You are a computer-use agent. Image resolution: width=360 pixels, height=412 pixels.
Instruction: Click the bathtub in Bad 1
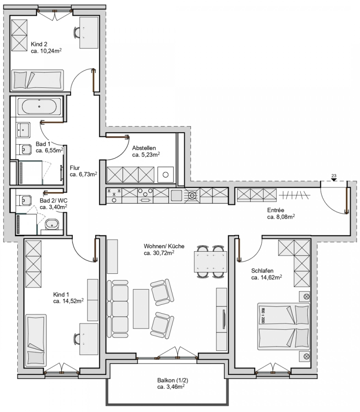coord(39,106)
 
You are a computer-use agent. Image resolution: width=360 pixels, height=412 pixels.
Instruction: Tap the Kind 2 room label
coord(39,44)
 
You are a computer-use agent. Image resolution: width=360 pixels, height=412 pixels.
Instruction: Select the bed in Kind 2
coord(38,80)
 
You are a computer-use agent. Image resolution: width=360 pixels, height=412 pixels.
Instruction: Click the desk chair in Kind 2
coord(76,33)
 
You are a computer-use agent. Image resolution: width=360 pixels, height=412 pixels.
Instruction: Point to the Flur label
coord(75,168)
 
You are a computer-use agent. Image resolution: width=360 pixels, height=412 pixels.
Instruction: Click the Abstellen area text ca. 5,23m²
coord(146,155)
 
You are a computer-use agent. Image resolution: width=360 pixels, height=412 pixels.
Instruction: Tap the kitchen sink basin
coord(176,195)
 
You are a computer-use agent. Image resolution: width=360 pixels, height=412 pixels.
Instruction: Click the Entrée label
coord(276,210)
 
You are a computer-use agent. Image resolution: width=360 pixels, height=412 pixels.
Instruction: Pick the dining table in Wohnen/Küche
coord(210,262)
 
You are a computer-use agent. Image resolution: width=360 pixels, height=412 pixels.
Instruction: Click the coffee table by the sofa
coord(141,309)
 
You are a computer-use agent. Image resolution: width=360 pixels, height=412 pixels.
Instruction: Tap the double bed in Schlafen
coord(284,326)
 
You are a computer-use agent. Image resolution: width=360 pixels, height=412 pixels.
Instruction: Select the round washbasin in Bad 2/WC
coord(52,224)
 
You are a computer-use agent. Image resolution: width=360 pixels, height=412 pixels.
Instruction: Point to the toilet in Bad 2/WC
coord(24,201)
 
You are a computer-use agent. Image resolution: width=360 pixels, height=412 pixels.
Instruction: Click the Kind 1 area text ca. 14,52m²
coord(68,301)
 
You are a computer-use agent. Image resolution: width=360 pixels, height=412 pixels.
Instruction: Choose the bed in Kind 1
coord(36,341)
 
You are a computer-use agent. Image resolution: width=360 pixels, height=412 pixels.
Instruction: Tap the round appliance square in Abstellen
coord(165,174)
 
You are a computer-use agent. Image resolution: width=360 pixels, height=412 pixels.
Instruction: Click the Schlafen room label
coord(262,271)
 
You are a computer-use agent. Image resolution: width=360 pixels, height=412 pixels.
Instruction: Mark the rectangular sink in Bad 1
coord(23,130)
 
